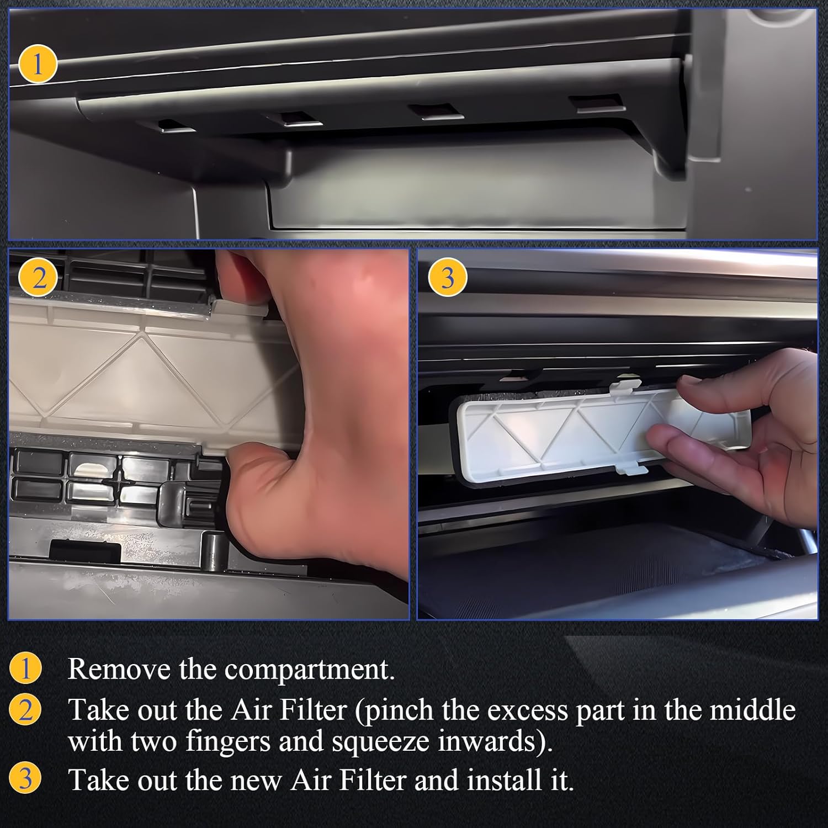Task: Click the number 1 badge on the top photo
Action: coord(38,65)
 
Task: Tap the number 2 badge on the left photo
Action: coord(39,280)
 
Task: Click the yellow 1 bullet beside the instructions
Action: coord(25,670)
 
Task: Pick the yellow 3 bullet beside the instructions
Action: coord(25,779)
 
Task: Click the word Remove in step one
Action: coord(119,669)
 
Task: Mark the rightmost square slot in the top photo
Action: coord(596,104)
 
